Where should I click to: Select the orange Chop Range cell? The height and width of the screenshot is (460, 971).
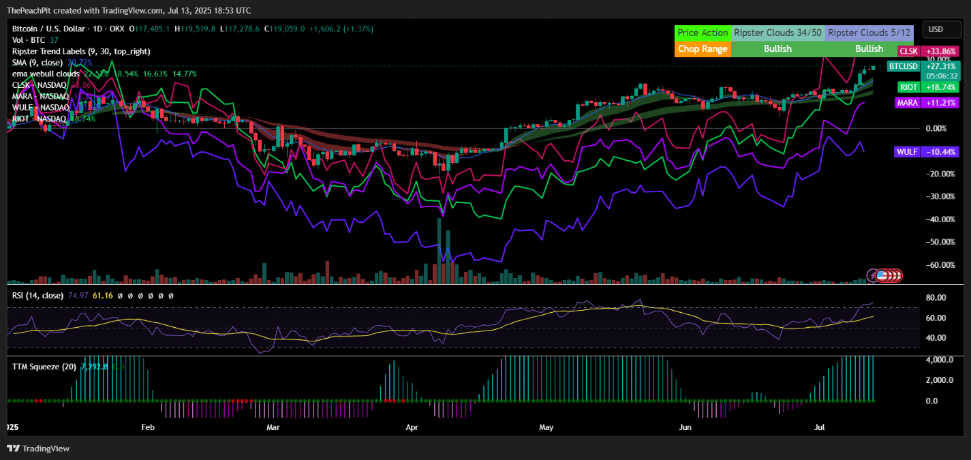(703, 49)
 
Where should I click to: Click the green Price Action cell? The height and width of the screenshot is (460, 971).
(703, 33)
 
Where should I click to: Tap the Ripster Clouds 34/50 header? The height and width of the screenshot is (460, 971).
(777, 33)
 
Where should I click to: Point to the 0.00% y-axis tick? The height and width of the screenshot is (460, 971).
(936, 128)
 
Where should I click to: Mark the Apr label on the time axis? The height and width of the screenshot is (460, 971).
(412, 427)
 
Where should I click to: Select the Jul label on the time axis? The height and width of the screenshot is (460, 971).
(820, 427)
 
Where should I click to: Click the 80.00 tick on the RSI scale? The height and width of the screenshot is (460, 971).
(934, 298)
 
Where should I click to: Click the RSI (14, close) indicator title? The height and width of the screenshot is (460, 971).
(37, 296)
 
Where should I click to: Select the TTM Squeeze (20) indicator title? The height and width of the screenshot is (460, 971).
(44, 367)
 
